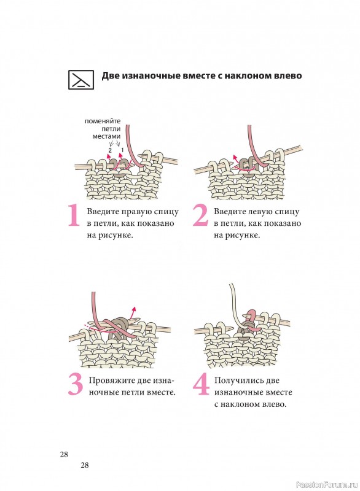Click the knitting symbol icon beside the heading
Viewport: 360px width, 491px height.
click(81, 80)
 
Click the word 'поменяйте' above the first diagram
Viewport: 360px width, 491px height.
click(103, 121)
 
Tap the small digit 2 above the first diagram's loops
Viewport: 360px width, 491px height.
click(110, 150)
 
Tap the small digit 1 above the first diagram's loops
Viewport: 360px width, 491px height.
click(122, 150)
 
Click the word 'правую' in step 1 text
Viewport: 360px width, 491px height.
click(136, 212)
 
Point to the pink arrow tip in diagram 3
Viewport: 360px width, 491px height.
click(135, 308)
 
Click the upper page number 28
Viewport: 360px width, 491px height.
click(64, 454)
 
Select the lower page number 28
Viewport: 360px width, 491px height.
click(85, 465)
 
